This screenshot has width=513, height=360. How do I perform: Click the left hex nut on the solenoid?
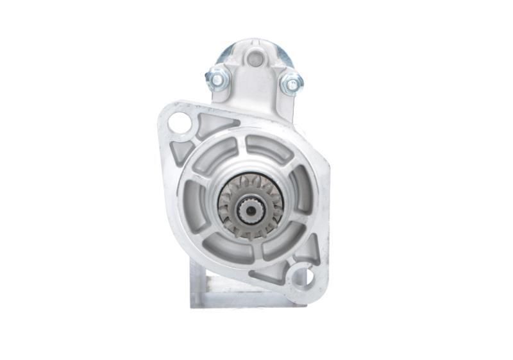[x=217, y=78]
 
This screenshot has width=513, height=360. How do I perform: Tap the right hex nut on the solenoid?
[x=291, y=83]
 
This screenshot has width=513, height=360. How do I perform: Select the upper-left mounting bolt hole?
[x=180, y=122]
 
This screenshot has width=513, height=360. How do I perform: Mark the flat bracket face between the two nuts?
[x=255, y=83]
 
